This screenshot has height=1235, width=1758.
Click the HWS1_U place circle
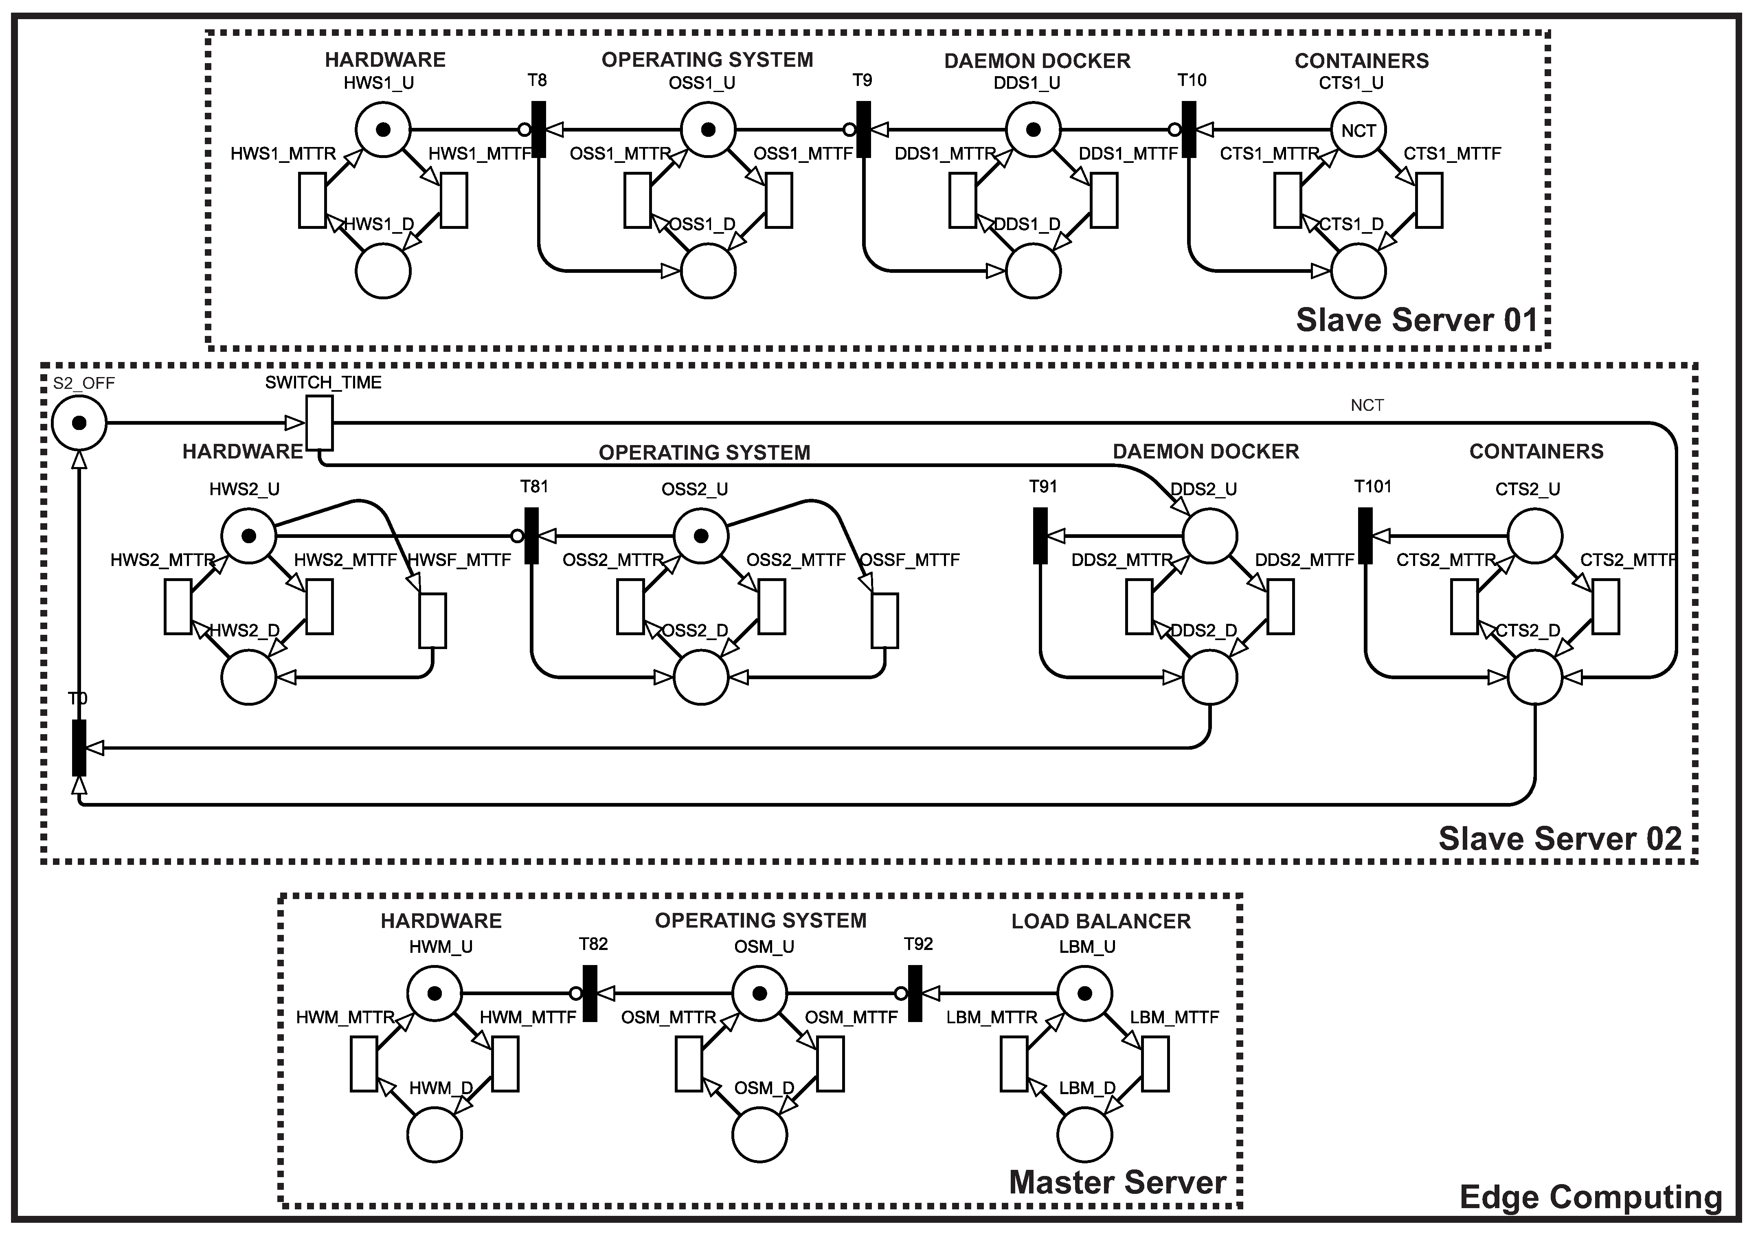tap(383, 129)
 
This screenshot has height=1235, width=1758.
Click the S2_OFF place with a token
tap(79, 423)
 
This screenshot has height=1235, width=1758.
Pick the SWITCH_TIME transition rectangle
tap(319, 423)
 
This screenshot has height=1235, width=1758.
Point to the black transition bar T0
tap(79, 747)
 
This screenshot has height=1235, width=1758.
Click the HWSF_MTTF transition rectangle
tap(432, 620)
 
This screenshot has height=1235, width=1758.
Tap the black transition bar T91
tap(1040, 536)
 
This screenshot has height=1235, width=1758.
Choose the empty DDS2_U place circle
tap(1210, 536)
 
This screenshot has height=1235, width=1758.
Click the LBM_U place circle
tap(1084, 994)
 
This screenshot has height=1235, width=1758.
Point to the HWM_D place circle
tap(434, 1135)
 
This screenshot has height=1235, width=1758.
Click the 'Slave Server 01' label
tap(1416, 320)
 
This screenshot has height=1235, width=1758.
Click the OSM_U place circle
tap(759, 994)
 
